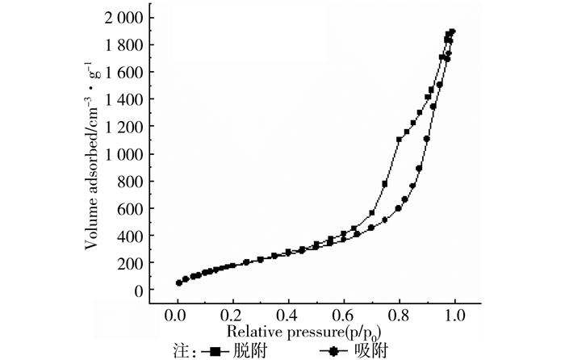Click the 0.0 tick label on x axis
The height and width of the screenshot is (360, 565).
178,316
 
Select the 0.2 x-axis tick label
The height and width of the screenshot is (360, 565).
232,316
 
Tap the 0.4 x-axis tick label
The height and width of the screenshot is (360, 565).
288,316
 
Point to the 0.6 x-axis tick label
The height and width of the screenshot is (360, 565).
344,316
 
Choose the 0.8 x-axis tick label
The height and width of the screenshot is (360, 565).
400,316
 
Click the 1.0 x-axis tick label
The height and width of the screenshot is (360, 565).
454,316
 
